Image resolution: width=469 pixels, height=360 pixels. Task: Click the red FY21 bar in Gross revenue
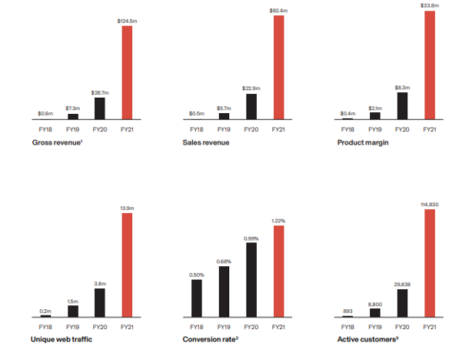click(127, 73)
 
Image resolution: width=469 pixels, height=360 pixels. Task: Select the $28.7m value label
click(100, 93)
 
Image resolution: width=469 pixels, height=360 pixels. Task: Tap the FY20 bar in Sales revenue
click(251, 106)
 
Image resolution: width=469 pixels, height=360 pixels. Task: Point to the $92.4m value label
click(278, 11)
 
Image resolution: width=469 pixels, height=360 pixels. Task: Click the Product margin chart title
click(363, 142)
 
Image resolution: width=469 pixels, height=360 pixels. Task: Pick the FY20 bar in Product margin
click(402, 106)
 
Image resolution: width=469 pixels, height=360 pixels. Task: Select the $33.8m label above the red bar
click(430, 5)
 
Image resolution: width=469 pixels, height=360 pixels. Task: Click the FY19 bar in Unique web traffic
click(73, 312)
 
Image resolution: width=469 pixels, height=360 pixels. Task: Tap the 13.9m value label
click(127, 208)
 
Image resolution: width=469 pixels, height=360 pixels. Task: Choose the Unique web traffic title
click(62, 339)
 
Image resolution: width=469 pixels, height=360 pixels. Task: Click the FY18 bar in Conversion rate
click(197, 298)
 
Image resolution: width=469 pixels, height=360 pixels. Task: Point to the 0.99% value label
click(251, 238)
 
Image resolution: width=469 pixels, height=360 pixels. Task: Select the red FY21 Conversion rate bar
click(279, 272)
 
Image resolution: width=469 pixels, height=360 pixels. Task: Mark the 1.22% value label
click(278, 221)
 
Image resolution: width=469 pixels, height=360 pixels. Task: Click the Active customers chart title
click(368, 339)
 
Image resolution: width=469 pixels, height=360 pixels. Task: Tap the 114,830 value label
click(430, 205)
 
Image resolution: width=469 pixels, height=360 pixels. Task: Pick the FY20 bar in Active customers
click(402, 303)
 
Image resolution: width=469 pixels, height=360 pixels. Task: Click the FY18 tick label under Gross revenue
click(45, 129)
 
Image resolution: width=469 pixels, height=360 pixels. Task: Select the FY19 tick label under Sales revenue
click(224, 129)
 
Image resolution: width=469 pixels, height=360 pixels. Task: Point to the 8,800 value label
click(375, 305)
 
